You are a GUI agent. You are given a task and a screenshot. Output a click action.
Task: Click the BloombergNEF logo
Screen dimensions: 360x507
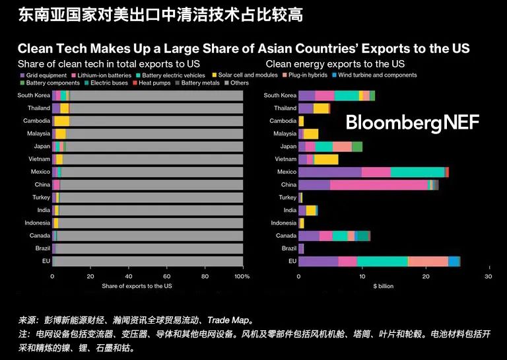tap(412, 122)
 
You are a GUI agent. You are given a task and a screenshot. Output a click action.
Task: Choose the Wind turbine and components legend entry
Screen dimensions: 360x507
tap(377, 75)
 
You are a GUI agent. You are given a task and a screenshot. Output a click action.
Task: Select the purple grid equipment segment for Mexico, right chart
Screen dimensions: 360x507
tap(329, 172)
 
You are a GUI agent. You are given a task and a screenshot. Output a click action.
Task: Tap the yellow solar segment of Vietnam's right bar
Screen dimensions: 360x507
tap(326, 159)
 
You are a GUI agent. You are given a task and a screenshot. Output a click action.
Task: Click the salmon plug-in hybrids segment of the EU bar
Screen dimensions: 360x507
tap(428, 262)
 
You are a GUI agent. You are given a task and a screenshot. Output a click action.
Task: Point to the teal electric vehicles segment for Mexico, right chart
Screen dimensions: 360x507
tap(417, 172)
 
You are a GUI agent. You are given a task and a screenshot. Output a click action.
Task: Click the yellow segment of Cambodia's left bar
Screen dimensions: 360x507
tap(61, 121)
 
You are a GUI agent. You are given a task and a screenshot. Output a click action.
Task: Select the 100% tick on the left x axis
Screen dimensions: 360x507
tap(242, 276)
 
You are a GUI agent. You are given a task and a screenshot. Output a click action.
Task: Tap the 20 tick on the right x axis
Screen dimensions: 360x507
tap(426, 276)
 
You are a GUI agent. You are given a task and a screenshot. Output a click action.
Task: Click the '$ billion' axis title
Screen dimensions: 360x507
tap(384, 286)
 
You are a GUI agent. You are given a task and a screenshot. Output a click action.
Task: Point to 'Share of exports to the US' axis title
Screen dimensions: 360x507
tap(137, 286)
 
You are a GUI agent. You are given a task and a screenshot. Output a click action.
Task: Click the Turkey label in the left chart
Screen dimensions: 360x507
tap(41, 198)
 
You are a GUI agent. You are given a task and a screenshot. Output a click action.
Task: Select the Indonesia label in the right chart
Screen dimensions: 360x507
tap(284, 223)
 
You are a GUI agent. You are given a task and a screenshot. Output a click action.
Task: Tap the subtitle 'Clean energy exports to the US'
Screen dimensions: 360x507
tap(335, 63)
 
